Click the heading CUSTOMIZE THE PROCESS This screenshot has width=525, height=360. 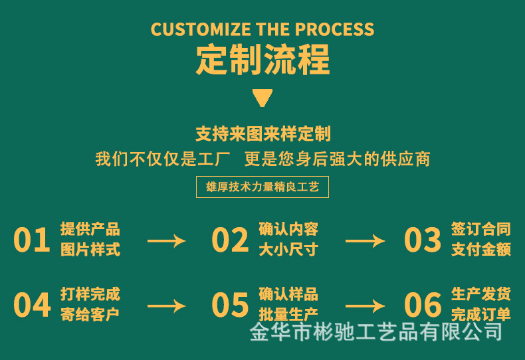point(262,30)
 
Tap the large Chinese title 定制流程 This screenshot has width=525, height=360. point(262,60)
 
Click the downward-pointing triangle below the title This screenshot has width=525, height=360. point(262,98)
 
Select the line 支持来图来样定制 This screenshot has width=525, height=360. point(262,134)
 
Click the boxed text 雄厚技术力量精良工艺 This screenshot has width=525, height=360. point(262,187)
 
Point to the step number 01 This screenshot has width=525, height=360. point(32,240)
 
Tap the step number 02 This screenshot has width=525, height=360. point(230,240)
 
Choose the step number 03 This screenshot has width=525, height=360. point(423,240)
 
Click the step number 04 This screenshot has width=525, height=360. point(32,305)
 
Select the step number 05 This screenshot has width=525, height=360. point(230,305)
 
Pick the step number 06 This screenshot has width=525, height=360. point(423,305)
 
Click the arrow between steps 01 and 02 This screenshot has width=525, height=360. point(166,240)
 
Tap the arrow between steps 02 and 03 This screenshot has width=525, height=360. point(365,240)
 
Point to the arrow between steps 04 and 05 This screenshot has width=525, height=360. point(166,306)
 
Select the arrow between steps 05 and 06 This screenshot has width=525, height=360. point(365,306)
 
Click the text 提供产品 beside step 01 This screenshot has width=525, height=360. point(90,229)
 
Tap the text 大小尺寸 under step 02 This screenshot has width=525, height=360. point(288,250)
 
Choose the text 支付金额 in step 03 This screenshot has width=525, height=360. point(481,250)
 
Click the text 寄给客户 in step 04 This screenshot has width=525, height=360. point(90,314)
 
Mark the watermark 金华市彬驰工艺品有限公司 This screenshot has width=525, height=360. point(375,331)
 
